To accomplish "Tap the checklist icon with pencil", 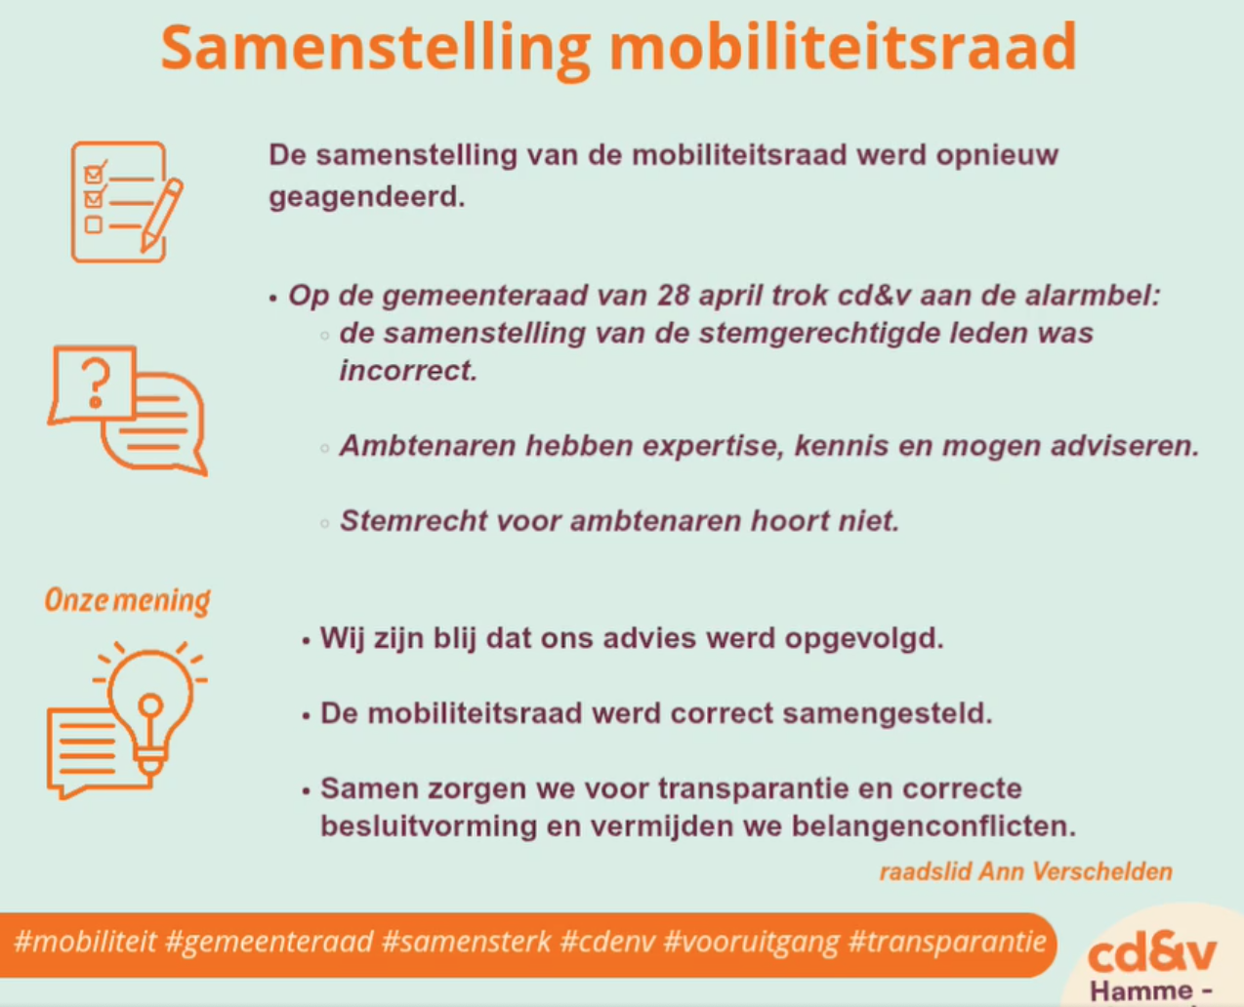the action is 127,202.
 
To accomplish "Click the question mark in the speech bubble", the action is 96,383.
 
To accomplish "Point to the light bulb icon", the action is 150,708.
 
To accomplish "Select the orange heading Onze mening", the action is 127,600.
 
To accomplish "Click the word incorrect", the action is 408,371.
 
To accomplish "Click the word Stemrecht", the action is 413,520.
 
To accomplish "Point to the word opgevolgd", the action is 864,639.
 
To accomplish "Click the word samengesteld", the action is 888,713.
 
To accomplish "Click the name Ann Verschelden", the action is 1075,871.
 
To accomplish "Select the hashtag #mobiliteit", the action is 85,941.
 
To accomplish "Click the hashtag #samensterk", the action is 466,941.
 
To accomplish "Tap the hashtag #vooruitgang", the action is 752,942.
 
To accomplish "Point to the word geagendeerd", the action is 366,198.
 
